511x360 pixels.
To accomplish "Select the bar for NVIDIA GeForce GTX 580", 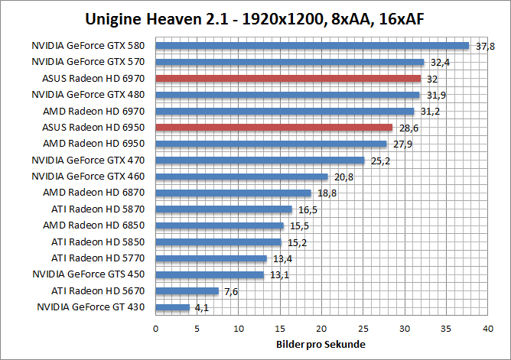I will [x=312, y=46].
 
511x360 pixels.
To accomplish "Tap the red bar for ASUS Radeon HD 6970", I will [x=288, y=78].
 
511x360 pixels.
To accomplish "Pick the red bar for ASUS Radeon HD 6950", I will [x=274, y=127].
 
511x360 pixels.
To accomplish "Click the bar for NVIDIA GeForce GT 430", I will [x=173, y=307].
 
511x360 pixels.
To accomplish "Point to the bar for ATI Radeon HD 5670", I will [x=187, y=291].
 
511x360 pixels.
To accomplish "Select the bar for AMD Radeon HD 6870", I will [x=233, y=193].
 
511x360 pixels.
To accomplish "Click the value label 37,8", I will [x=485, y=47].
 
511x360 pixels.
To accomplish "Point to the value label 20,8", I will [x=343, y=177].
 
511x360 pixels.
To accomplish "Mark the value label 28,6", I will [x=408, y=128].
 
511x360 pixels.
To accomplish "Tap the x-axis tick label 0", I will [x=156, y=328].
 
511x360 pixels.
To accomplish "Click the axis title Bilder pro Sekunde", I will [x=321, y=345].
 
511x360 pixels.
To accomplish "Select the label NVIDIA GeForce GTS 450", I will [x=93, y=274].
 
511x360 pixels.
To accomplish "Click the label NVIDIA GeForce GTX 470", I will [x=93, y=160].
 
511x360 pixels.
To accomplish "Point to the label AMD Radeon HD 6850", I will [x=99, y=225].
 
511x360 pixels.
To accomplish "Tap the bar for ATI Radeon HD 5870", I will [x=224, y=209].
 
